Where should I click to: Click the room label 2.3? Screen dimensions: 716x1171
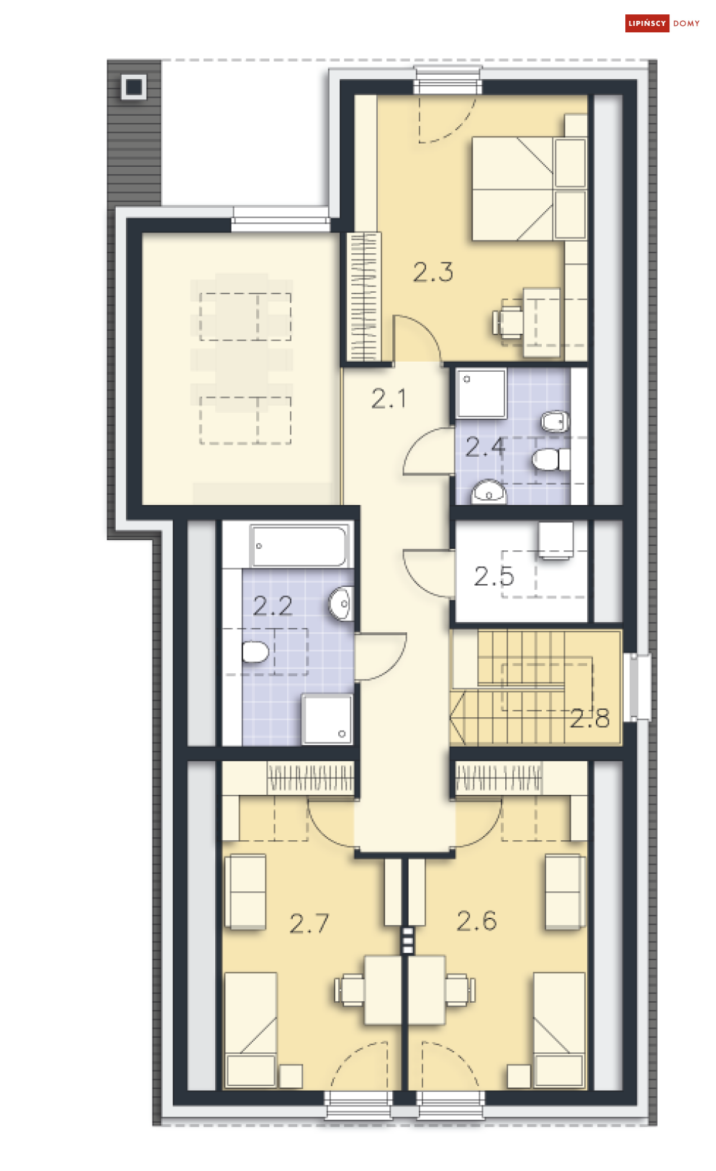coord(432,273)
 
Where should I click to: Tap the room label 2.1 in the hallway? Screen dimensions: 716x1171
coord(389,399)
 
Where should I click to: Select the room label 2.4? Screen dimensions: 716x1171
coord(485,447)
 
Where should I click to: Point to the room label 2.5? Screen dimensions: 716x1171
coord(494,576)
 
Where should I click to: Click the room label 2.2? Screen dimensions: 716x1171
coord(273,606)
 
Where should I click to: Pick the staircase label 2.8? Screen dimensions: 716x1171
coord(590,719)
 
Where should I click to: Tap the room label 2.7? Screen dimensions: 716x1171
coord(309,924)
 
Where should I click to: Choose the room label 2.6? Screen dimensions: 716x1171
coord(476,921)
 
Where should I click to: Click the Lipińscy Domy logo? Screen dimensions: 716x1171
coord(662,24)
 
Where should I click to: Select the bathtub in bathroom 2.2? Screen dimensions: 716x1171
coord(299,546)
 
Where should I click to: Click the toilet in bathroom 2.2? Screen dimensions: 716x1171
coord(255,652)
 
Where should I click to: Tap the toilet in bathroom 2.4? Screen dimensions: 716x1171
coord(551,460)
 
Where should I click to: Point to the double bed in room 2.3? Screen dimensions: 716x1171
coord(529,188)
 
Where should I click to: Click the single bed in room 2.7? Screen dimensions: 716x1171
coord(250,1029)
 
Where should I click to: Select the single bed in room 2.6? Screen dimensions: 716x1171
coord(559,1029)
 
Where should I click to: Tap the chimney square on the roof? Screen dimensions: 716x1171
coord(134,87)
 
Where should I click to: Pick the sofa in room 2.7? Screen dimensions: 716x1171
coord(245,892)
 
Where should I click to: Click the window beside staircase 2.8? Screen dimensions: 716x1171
coord(640,687)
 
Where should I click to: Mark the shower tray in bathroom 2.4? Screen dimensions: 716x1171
coord(481,393)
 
